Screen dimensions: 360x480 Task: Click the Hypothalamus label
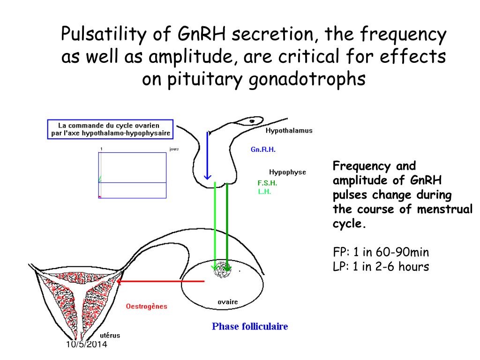click(x=289, y=131)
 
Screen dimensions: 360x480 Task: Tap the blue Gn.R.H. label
click(x=263, y=150)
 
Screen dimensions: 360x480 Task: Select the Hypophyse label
click(x=287, y=172)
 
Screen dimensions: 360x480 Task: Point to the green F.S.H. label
click(x=267, y=183)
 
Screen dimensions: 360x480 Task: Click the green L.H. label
click(x=264, y=191)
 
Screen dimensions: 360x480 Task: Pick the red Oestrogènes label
click(x=146, y=307)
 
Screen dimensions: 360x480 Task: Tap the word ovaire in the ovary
click(x=228, y=302)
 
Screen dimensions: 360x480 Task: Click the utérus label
click(x=110, y=335)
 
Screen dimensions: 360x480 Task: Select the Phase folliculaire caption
click(x=250, y=326)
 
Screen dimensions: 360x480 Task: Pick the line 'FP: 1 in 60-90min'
click(x=381, y=253)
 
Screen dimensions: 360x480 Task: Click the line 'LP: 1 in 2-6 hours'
click(x=381, y=267)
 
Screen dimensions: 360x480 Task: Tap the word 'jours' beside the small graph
click(x=174, y=149)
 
